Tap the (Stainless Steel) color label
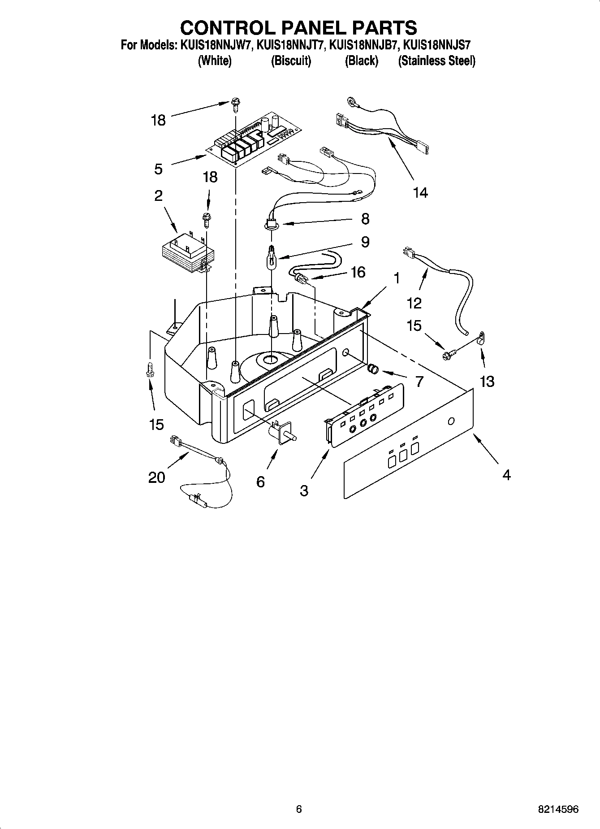point(436,61)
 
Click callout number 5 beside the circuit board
point(158,169)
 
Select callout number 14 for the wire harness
point(420,193)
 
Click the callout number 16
point(358,272)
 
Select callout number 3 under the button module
point(304,490)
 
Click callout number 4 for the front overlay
point(506,475)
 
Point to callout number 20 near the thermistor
point(156,477)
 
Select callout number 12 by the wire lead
point(414,303)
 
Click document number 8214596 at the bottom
point(558,809)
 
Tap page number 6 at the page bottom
point(299,809)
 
